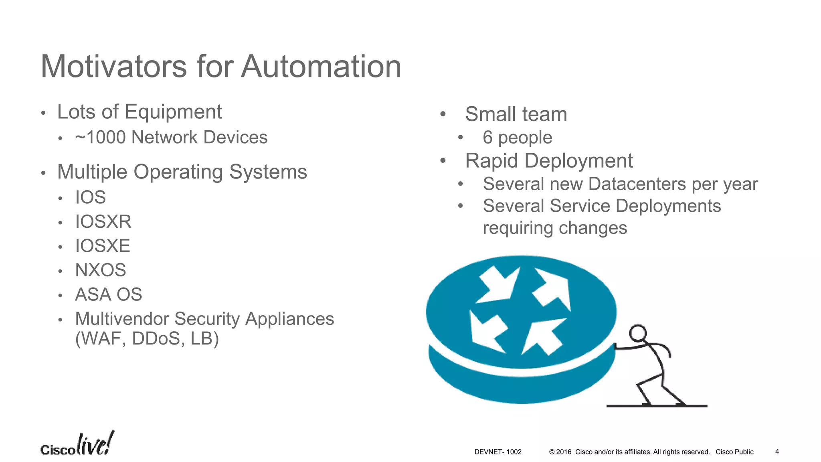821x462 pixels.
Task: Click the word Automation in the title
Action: pyautogui.click(x=321, y=67)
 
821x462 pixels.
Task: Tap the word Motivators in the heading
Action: pyautogui.click(x=114, y=67)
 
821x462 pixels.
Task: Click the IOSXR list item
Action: pyautogui.click(x=103, y=222)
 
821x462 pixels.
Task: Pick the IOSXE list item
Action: pyautogui.click(x=103, y=246)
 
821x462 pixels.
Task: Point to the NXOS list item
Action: pyautogui.click(x=100, y=270)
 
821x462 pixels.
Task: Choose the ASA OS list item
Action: pyautogui.click(x=108, y=295)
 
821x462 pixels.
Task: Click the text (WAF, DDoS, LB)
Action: pyautogui.click(x=147, y=339)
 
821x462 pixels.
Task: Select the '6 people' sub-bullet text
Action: pyautogui.click(x=517, y=138)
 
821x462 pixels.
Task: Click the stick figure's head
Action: pyautogui.click(x=637, y=333)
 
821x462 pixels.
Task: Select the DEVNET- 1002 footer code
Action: pyautogui.click(x=497, y=452)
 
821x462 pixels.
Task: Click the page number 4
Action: pyautogui.click(x=777, y=452)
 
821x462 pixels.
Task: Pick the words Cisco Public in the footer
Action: pyautogui.click(x=734, y=452)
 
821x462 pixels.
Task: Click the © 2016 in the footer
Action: pyautogui.click(x=560, y=452)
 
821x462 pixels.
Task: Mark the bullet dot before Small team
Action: pyautogui.click(x=443, y=114)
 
